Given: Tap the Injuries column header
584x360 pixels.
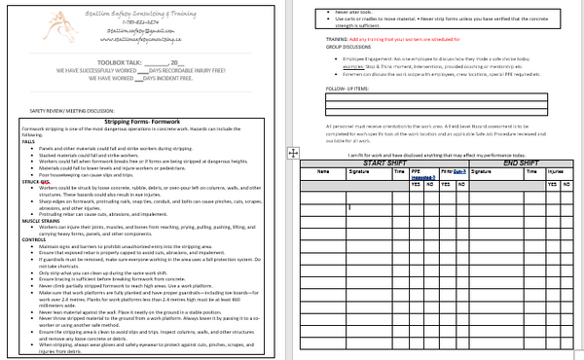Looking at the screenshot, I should [x=558, y=170].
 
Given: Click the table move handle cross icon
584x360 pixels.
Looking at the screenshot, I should [x=293, y=153].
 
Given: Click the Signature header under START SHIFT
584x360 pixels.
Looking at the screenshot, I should [x=360, y=170].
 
